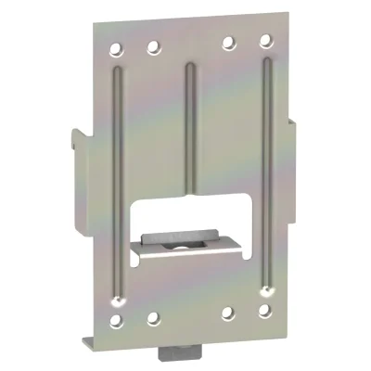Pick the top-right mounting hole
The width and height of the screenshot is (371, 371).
point(265,42)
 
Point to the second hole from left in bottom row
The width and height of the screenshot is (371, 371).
point(153,319)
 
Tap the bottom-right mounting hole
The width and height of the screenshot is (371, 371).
point(265,315)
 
